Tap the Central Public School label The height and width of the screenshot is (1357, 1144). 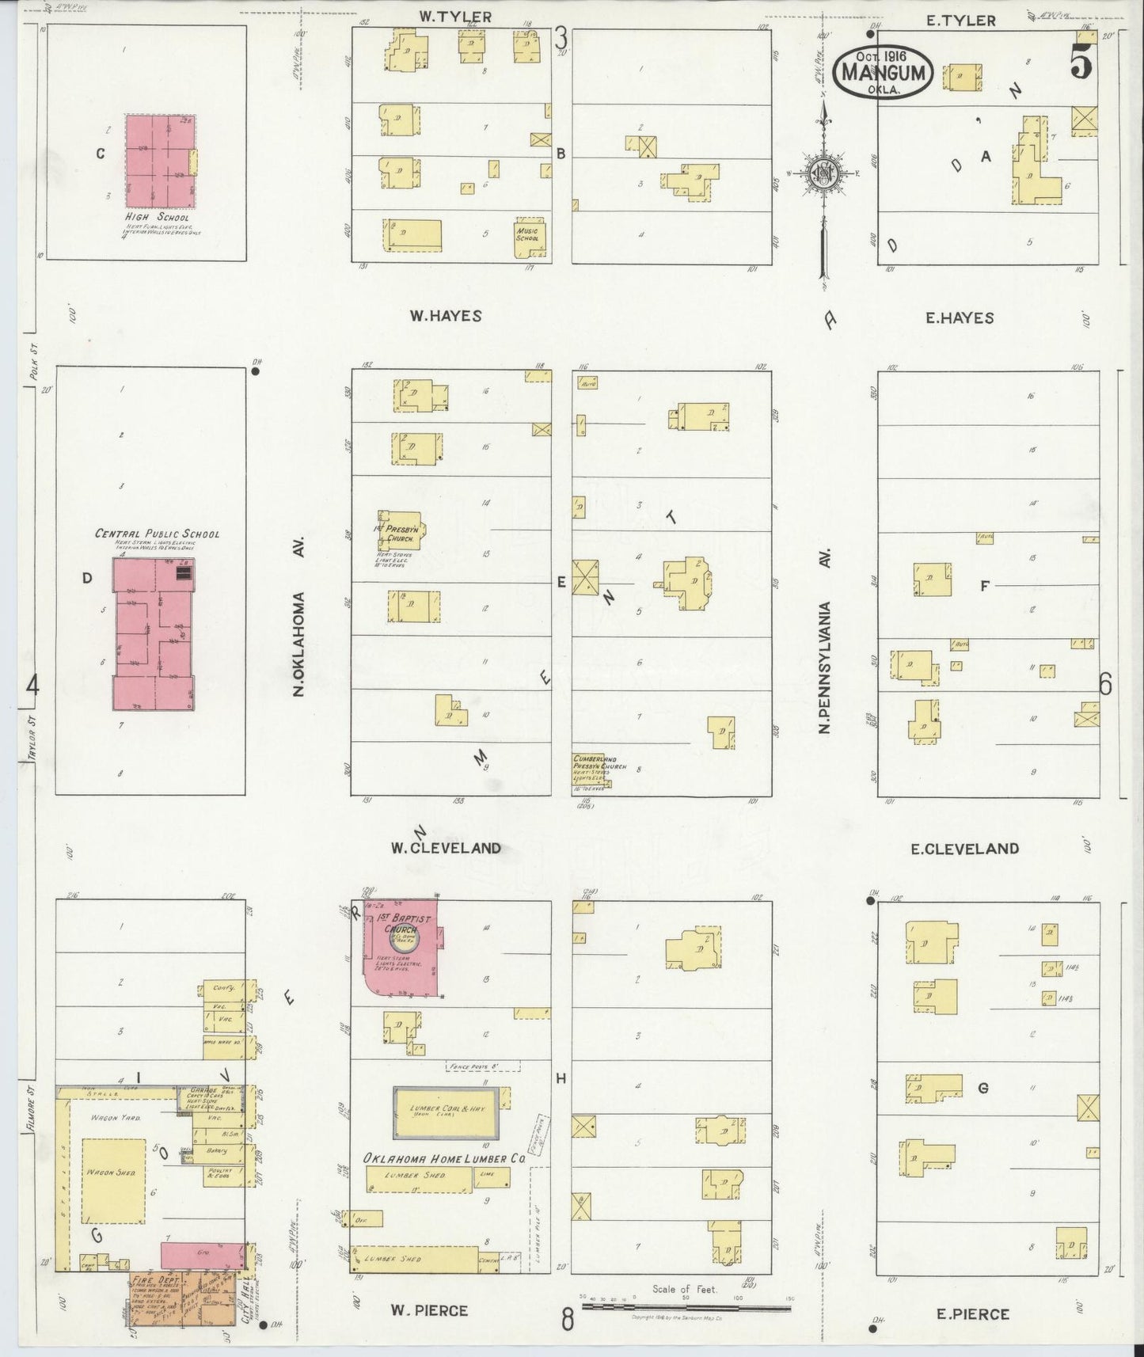pos(157,534)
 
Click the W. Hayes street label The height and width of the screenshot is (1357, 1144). pos(445,316)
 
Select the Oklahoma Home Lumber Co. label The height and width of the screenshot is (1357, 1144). pos(445,1158)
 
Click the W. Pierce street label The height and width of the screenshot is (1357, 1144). pos(429,1310)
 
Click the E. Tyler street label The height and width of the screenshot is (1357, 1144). pos(960,20)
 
